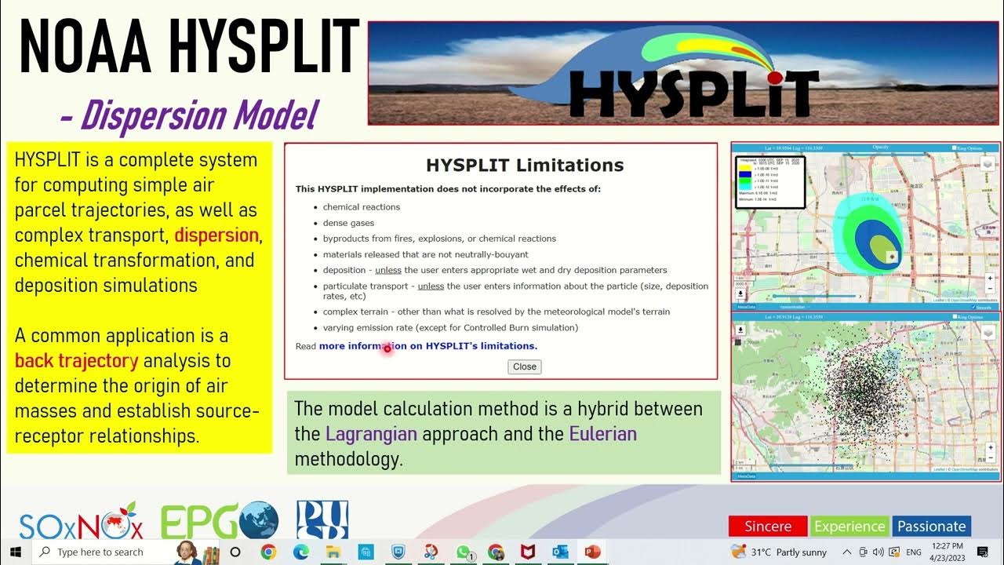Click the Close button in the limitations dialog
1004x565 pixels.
[x=525, y=366]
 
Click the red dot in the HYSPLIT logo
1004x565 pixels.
[x=775, y=78]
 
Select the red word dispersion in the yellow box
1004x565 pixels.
[x=216, y=235]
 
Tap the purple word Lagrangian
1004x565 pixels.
[x=371, y=434]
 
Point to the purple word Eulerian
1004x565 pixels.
[x=602, y=434]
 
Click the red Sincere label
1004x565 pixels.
[x=768, y=527]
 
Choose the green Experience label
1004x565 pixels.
[x=849, y=527]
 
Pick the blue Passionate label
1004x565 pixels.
[x=932, y=527]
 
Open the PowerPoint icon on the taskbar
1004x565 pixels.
[x=591, y=552]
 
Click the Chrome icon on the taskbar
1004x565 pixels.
[x=268, y=552]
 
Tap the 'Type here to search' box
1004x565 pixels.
[x=100, y=552]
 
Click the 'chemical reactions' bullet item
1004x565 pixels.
[x=362, y=207]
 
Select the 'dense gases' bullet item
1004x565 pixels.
[x=349, y=223]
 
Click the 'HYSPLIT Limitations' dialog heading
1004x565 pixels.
[x=525, y=166]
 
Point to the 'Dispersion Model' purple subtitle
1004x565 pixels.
[x=189, y=115]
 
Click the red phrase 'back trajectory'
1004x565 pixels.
[x=77, y=361]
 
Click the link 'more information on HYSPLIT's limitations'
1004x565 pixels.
[x=428, y=346]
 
